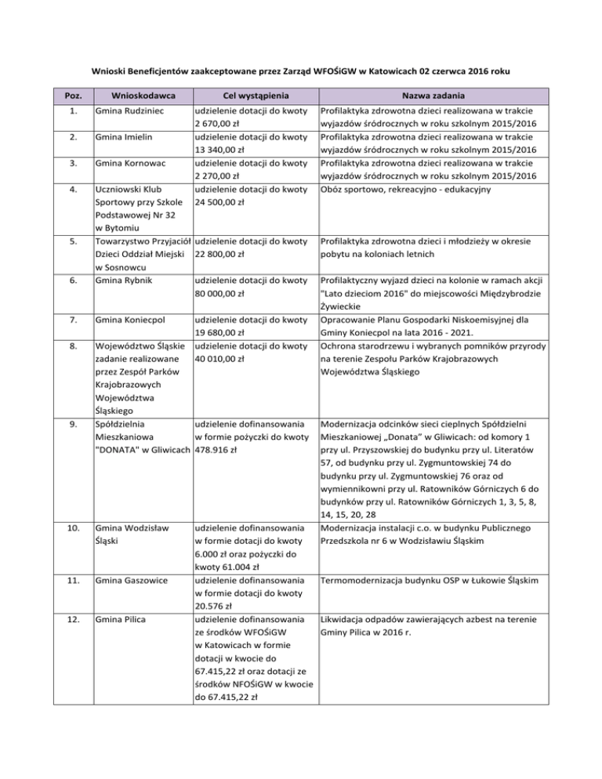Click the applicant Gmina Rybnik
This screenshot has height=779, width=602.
pyautogui.click(x=121, y=280)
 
